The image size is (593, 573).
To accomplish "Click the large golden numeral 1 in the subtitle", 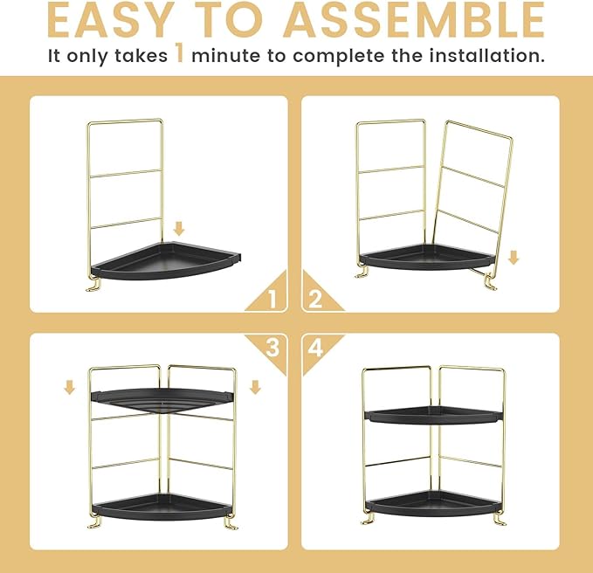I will pyautogui.click(x=178, y=55).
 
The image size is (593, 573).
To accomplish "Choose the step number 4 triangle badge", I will pyautogui.click(x=316, y=348).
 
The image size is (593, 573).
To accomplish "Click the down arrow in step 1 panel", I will pyautogui.click(x=179, y=229).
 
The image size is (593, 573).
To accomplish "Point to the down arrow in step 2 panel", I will pyautogui.click(x=514, y=258).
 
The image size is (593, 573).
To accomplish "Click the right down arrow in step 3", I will pyautogui.click(x=254, y=386).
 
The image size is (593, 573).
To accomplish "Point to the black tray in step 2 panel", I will pyautogui.click(x=428, y=257).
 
